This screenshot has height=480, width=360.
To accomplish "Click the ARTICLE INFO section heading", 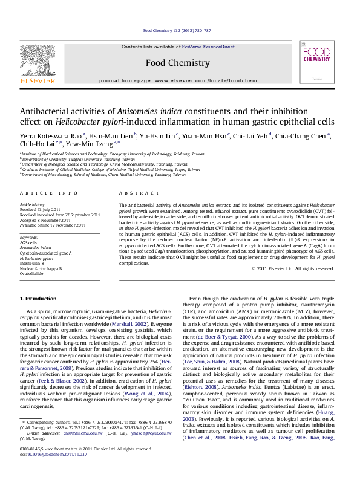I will pos(49,193).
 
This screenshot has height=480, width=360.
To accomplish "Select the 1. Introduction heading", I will pos(39,299).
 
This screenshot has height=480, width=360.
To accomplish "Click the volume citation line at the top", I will pos(176,30).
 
